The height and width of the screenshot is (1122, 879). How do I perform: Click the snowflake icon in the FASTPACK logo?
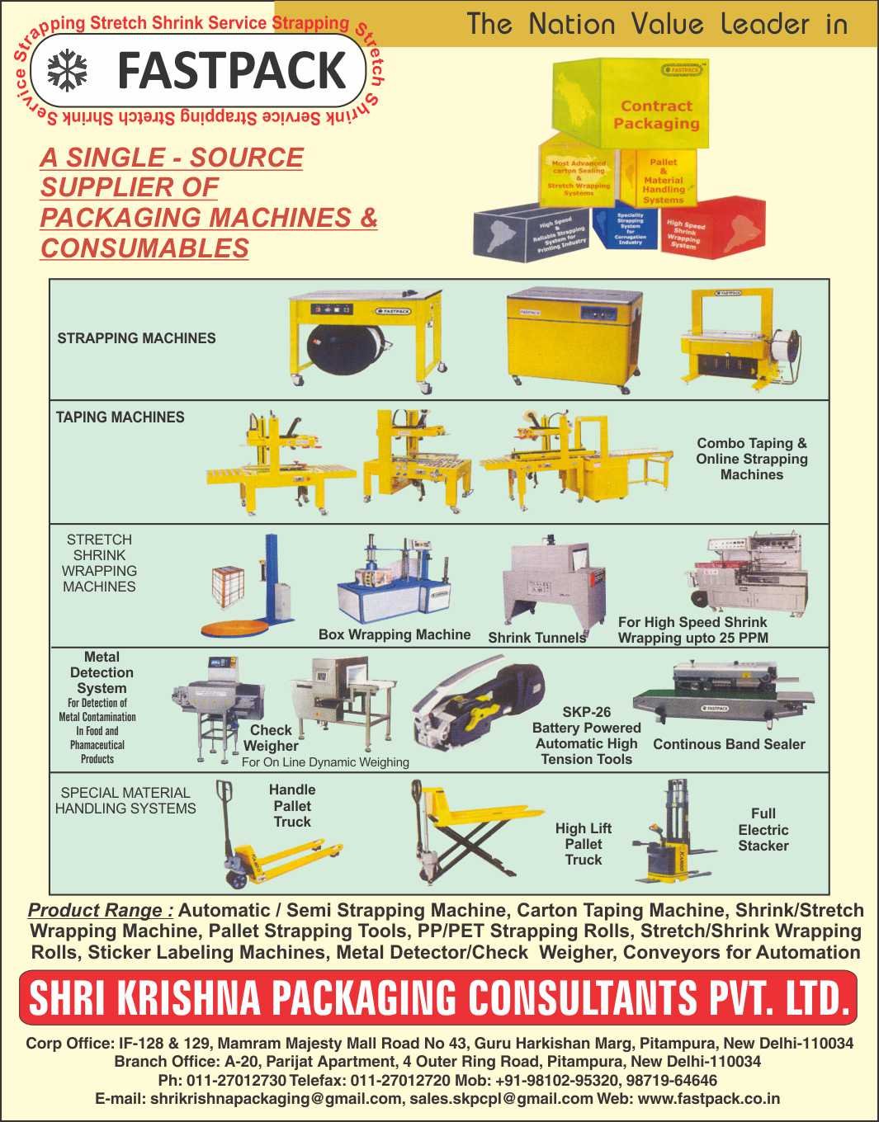pyautogui.click(x=67, y=71)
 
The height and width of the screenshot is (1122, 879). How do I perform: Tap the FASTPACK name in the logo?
pyautogui.click(x=231, y=71)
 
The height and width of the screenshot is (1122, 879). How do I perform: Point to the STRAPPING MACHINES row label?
pyautogui.click(x=136, y=338)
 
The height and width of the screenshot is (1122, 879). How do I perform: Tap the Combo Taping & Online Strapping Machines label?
pyautogui.click(x=751, y=459)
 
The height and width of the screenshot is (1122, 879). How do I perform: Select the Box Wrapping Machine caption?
pyautogui.click(x=395, y=634)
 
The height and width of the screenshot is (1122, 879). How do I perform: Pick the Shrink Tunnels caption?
pyautogui.click(x=536, y=638)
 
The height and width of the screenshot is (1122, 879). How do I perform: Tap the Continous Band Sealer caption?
pyautogui.click(x=729, y=744)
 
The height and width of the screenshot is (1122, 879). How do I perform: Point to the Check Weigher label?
pyautogui.click(x=271, y=738)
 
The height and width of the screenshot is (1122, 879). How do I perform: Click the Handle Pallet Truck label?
pyautogui.click(x=292, y=806)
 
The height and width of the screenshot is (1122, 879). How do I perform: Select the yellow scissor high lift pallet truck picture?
pyautogui.click(x=462, y=833)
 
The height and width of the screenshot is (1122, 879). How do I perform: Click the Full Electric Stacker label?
pyautogui.click(x=763, y=830)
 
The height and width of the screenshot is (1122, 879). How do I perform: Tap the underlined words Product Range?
pyautogui.click(x=100, y=911)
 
